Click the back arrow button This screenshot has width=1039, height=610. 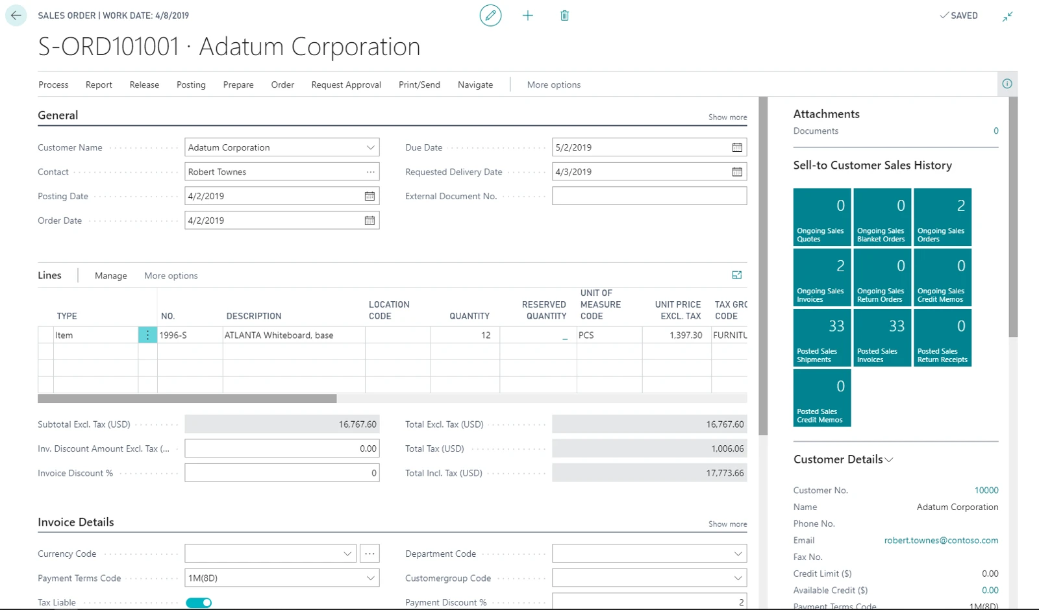pos(16,16)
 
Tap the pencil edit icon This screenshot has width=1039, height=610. pos(490,16)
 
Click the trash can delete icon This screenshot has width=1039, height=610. pos(564,16)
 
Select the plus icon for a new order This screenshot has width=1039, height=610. pos(527,16)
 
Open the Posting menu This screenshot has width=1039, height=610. pos(191,85)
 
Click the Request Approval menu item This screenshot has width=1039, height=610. pos(347,85)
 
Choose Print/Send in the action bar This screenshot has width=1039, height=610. pos(419,85)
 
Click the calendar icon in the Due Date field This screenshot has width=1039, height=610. pos(737,147)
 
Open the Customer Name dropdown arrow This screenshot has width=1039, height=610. pos(370,147)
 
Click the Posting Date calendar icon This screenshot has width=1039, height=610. pos(369,196)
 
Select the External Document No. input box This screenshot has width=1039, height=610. pos(649,196)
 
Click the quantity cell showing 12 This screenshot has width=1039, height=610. pos(465,335)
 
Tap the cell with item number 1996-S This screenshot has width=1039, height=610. pos(190,335)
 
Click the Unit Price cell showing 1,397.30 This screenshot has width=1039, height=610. pos(677,335)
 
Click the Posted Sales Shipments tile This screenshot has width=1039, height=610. pos(822,338)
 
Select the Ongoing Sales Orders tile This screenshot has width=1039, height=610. pos(942,217)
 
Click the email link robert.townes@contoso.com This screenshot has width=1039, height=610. pos(941,541)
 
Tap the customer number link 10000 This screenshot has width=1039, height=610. pos(986,491)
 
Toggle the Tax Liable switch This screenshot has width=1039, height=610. pos(199,603)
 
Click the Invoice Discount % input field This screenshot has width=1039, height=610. pos(282,473)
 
